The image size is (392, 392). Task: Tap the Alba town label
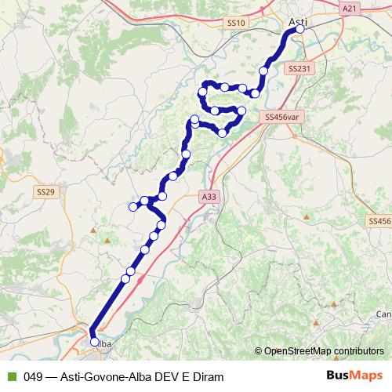point(104,343)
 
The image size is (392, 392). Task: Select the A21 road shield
point(350,8)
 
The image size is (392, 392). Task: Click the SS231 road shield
point(299,70)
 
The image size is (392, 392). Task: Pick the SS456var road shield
point(283,117)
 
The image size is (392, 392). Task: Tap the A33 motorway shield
point(208,197)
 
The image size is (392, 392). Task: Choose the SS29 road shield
point(45,191)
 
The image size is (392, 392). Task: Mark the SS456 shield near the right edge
point(379,223)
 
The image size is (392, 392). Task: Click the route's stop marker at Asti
point(299,29)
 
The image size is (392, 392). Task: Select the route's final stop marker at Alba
point(95,342)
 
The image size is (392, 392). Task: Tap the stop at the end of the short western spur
point(132,207)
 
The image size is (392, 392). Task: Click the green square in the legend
point(10,377)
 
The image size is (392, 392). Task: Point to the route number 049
point(33,377)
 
